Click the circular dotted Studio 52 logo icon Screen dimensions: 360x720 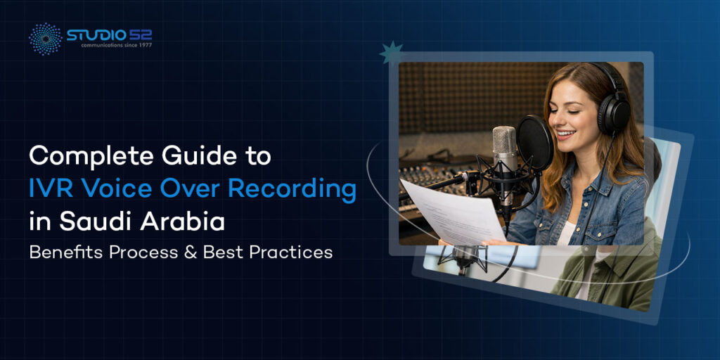click(45, 38)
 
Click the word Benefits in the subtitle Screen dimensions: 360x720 click(59, 252)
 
